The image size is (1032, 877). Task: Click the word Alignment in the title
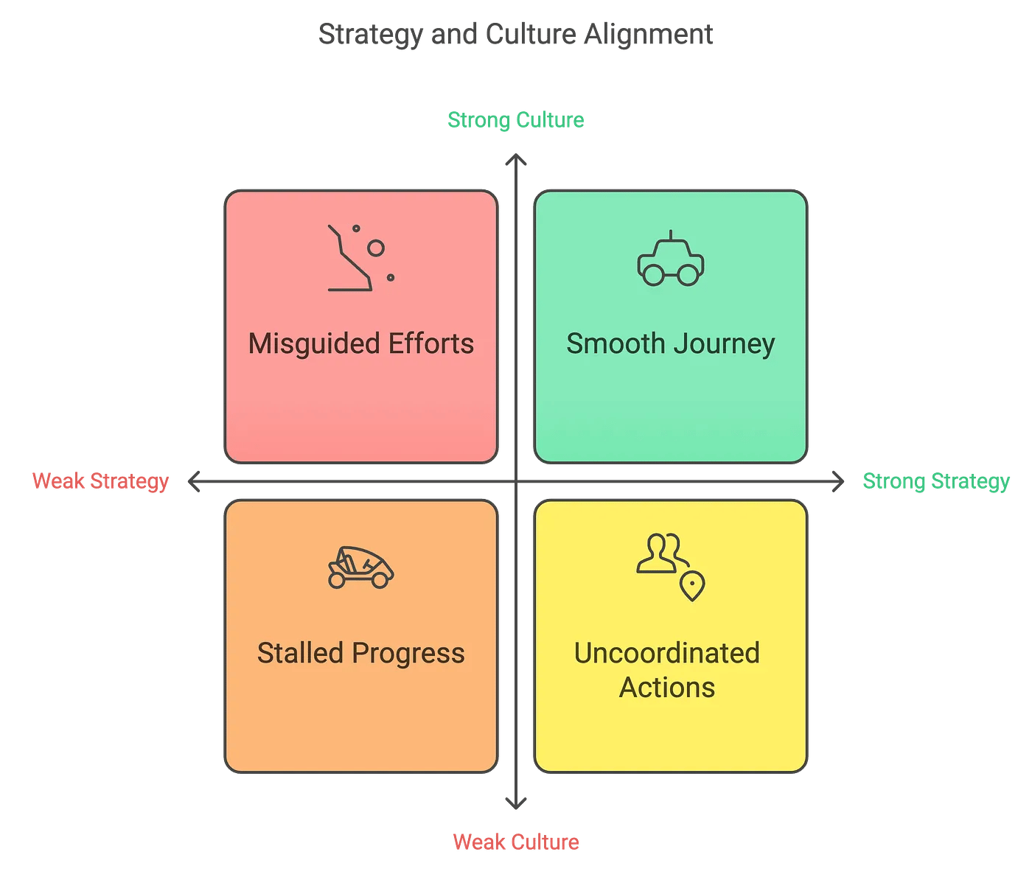648,35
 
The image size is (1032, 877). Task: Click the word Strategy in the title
371,35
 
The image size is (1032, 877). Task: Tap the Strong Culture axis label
516,120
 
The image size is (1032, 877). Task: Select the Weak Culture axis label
516,842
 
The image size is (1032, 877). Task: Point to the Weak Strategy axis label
100,482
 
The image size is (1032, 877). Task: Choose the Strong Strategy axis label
936,482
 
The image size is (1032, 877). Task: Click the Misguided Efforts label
361,344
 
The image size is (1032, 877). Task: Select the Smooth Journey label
671,344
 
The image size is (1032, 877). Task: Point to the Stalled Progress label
361,654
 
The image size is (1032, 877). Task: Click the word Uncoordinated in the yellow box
667,653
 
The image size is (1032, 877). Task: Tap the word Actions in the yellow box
667,688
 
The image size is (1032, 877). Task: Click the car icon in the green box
671,258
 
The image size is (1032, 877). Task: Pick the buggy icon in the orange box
361,567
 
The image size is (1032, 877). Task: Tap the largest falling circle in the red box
376,248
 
